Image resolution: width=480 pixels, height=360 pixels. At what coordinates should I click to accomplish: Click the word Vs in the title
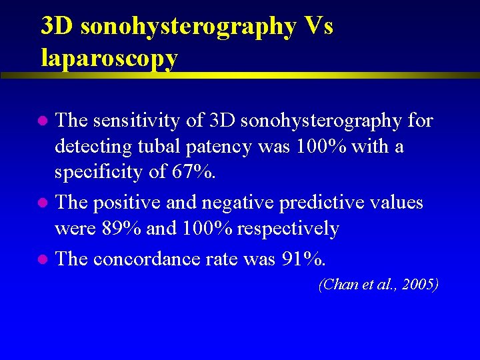click(x=318, y=26)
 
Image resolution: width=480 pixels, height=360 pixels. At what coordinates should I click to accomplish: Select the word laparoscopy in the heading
click(x=109, y=58)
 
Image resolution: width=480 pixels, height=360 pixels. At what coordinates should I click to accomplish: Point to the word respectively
click(x=287, y=229)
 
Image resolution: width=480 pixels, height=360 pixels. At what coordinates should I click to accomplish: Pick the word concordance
click(x=151, y=258)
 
